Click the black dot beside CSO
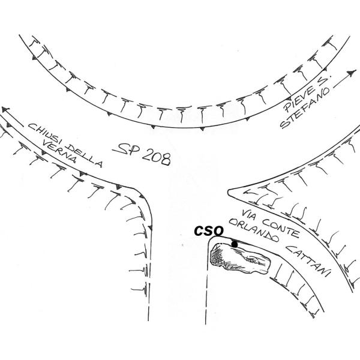[234, 244]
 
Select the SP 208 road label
[143, 154]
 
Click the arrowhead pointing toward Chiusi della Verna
[5, 110]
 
